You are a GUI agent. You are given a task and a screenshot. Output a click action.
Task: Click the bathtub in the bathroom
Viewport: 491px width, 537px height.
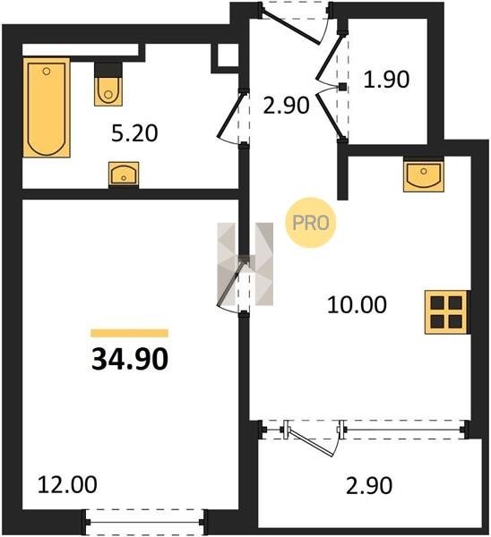(x=47, y=107)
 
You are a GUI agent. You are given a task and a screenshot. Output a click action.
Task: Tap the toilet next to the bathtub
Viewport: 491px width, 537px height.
(x=108, y=84)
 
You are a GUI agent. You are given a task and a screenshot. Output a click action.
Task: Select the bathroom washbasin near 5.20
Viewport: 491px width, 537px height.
(x=124, y=174)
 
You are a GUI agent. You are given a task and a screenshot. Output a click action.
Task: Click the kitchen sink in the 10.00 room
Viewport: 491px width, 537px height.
(x=424, y=175)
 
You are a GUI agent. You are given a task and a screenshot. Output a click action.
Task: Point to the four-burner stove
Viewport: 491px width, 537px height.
(x=446, y=312)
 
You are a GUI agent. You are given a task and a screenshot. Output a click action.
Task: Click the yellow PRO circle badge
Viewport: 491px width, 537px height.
(x=311, y=223)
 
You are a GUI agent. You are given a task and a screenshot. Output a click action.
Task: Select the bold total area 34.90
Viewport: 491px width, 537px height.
(x=130, y=359)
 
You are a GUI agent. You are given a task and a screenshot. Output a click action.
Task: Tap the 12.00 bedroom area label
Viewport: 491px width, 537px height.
(x=67, y=484)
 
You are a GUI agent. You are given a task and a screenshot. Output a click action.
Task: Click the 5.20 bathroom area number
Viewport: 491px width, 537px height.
(x=134, y=133)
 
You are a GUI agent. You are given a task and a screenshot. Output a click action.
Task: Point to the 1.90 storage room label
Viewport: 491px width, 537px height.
(x=386, y=79)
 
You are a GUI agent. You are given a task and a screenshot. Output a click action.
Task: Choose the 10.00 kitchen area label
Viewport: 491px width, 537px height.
(x=357, y=305)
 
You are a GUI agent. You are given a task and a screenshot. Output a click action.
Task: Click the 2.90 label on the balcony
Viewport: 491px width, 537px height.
(x=369, y=486)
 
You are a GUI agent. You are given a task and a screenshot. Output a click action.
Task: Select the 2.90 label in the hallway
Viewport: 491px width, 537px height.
(x=287, y=105)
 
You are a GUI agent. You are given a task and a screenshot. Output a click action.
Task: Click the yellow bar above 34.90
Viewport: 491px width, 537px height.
(x=130, y=333)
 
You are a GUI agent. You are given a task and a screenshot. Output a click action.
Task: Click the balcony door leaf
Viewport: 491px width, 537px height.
(x=311, y=442)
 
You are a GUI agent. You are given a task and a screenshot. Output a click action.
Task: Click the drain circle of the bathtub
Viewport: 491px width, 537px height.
(x=47, y=72)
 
